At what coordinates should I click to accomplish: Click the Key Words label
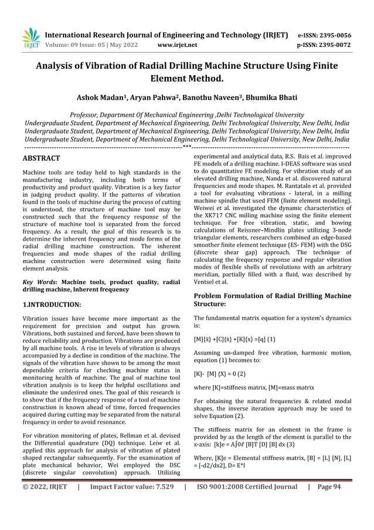tap(39, 282)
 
